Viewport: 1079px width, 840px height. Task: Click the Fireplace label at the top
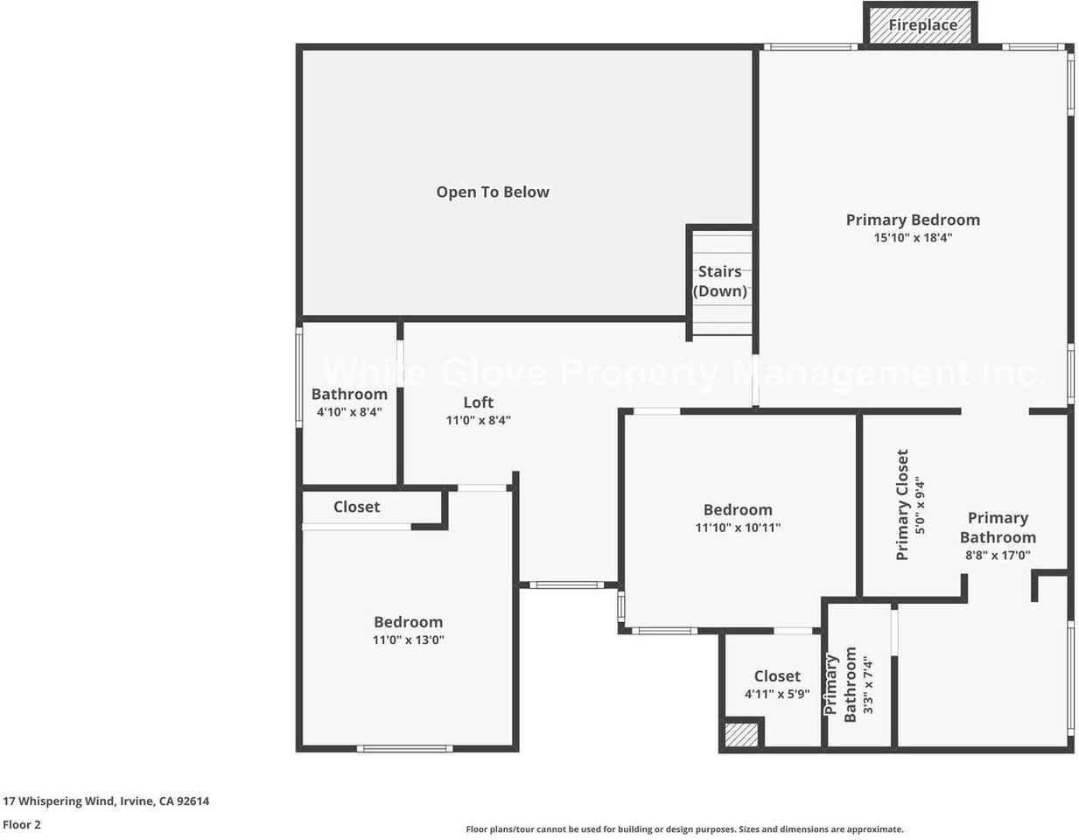922,24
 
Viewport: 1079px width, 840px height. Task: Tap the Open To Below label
493,192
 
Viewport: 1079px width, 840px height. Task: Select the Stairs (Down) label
720,281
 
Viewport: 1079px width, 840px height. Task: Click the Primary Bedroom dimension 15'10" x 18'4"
913,237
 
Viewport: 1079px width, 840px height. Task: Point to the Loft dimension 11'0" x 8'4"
478,420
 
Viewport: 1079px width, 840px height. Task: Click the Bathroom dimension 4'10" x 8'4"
349,411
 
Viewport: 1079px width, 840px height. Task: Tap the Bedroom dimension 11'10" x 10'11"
738,528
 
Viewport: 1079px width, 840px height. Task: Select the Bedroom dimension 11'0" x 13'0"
408,640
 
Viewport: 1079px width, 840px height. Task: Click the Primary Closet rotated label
902,504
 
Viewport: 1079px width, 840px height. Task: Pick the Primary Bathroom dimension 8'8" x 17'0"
998,555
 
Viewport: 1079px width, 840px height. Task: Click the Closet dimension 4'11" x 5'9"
777,694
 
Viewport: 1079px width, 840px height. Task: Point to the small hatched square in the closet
741,735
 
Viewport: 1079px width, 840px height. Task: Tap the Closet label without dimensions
356,507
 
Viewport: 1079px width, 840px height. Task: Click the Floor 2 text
22,824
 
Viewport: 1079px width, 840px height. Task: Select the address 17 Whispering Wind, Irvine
106,801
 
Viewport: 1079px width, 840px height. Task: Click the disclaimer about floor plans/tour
684,829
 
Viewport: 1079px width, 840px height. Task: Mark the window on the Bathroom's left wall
299,377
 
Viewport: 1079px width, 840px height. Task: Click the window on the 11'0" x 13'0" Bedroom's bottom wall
404,749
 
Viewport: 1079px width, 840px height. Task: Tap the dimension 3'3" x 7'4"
867,685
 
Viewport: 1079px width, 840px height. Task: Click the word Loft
478,402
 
